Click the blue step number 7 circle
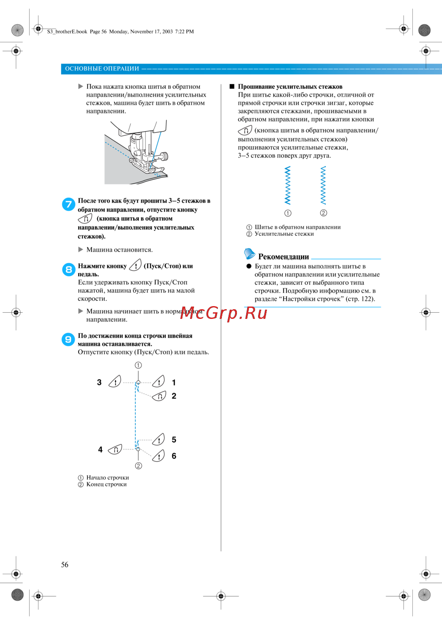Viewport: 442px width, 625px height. click(x=69, y=204)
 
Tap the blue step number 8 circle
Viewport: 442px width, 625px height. click(x=69, y=269)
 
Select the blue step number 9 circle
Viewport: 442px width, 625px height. click(x=68, y=339)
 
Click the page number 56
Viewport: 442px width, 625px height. click(x=65, y=564)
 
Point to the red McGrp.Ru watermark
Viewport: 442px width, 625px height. click(x=224, y=313)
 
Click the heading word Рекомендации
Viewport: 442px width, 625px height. click(x=283, y=257)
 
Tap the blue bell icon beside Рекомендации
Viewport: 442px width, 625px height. click(x=249, y=254)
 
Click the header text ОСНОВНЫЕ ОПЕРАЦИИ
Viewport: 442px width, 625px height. click(x=102, y=68)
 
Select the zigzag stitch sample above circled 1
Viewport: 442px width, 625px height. click(x=288, y=186)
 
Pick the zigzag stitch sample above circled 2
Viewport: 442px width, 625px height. click(x=323, y=186)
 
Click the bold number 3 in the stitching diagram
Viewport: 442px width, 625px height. click(x=99, y=383)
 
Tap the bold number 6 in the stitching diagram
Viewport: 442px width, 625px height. click(x=174, y=456)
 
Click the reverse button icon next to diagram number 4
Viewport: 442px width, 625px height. click(x=115, y=450)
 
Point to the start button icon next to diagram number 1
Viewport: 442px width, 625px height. click(x=159, y=381)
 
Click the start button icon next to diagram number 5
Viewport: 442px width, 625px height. click(x=159, y=439)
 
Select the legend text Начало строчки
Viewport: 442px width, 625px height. click(x=107, y=477)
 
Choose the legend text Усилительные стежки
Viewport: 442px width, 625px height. click(x=284, y=234)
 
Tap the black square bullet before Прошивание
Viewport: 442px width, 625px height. click(x=232, y=87)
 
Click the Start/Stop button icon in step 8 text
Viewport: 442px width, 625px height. click(x=135, y=265)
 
